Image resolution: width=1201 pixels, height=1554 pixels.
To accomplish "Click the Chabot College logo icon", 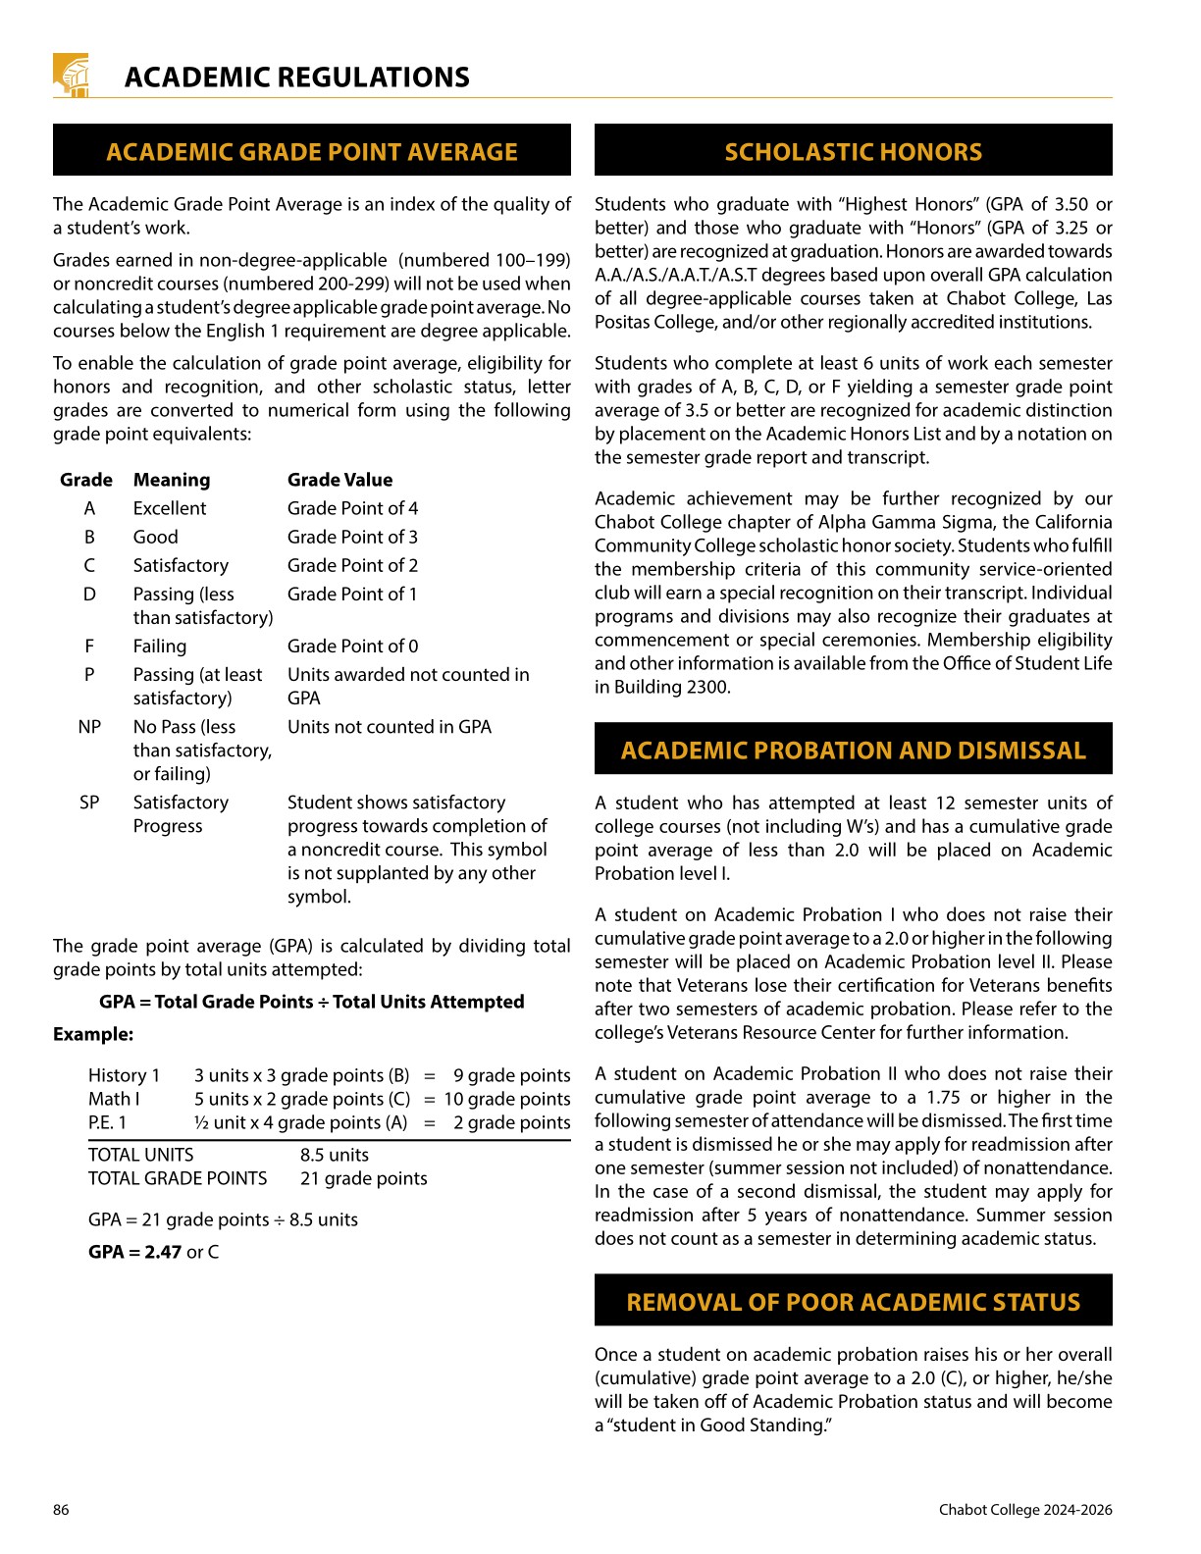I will click(x=71, y=76).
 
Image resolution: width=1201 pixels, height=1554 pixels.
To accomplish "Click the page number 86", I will click(x=61, y=1510).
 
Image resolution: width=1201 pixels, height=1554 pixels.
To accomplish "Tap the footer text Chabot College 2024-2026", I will click(x=1025, y=1510).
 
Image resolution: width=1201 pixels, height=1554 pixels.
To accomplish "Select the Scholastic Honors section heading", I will click(x=853, y=151).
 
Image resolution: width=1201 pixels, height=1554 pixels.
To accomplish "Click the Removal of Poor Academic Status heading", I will click(x=853, y=1302).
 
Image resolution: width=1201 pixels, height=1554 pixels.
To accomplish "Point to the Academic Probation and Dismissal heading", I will click(x=853, y=751).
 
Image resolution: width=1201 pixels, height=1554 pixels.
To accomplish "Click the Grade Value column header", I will click(x=339, y=480).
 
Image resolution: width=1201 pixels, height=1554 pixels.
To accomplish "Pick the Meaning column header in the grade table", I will click(x=172, y=480).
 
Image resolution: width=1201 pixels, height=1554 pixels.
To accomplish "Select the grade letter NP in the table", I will click(x=89, y=727).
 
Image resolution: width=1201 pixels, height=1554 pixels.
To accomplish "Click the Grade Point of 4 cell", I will click(x=352, y=508).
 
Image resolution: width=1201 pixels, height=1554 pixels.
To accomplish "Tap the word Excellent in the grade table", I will click(x=170, y=508).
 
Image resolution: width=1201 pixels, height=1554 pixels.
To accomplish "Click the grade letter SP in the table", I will click(x=89, y=803).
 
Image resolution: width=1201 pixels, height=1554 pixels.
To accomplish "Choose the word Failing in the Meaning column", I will click(x=160, y=647).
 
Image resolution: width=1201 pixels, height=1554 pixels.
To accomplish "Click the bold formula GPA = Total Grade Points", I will click(x=311, y=1002).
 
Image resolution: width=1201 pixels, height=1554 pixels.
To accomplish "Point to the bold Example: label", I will click(x=93, y=1034).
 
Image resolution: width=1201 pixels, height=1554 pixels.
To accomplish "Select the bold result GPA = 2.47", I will click(x=134, y=1252).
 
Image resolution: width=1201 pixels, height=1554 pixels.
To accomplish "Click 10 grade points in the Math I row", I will click(x=506, y=1099).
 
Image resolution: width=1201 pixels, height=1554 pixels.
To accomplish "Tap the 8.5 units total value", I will click(x=335, y=1155).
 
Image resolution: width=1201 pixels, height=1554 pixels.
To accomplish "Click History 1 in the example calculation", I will click(x=124, y=1075).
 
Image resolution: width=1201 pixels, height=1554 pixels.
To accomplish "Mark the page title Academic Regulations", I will click(x=296, y=78).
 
